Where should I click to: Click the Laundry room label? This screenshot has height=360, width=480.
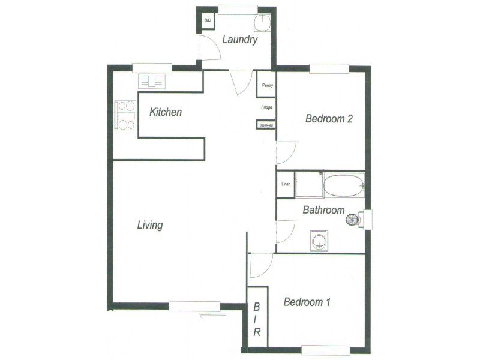pos(240,40)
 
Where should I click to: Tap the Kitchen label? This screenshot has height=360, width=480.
pos(166,112)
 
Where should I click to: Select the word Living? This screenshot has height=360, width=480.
pos(150,226)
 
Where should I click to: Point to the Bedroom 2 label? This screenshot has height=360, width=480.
pos(329,119)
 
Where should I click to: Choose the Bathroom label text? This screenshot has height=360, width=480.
pos(323,210)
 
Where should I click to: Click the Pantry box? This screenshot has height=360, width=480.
pos(267,85)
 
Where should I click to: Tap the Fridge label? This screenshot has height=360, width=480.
pos(267,107)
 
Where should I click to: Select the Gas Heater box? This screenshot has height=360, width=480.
pos(266,125)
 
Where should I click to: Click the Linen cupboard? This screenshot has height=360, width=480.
pos(286,185)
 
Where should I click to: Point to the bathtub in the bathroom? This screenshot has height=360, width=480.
pos(344,185)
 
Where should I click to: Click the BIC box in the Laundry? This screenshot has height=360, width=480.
pos(208,21)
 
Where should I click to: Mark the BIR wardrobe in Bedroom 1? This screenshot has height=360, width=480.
pos(257,320)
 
